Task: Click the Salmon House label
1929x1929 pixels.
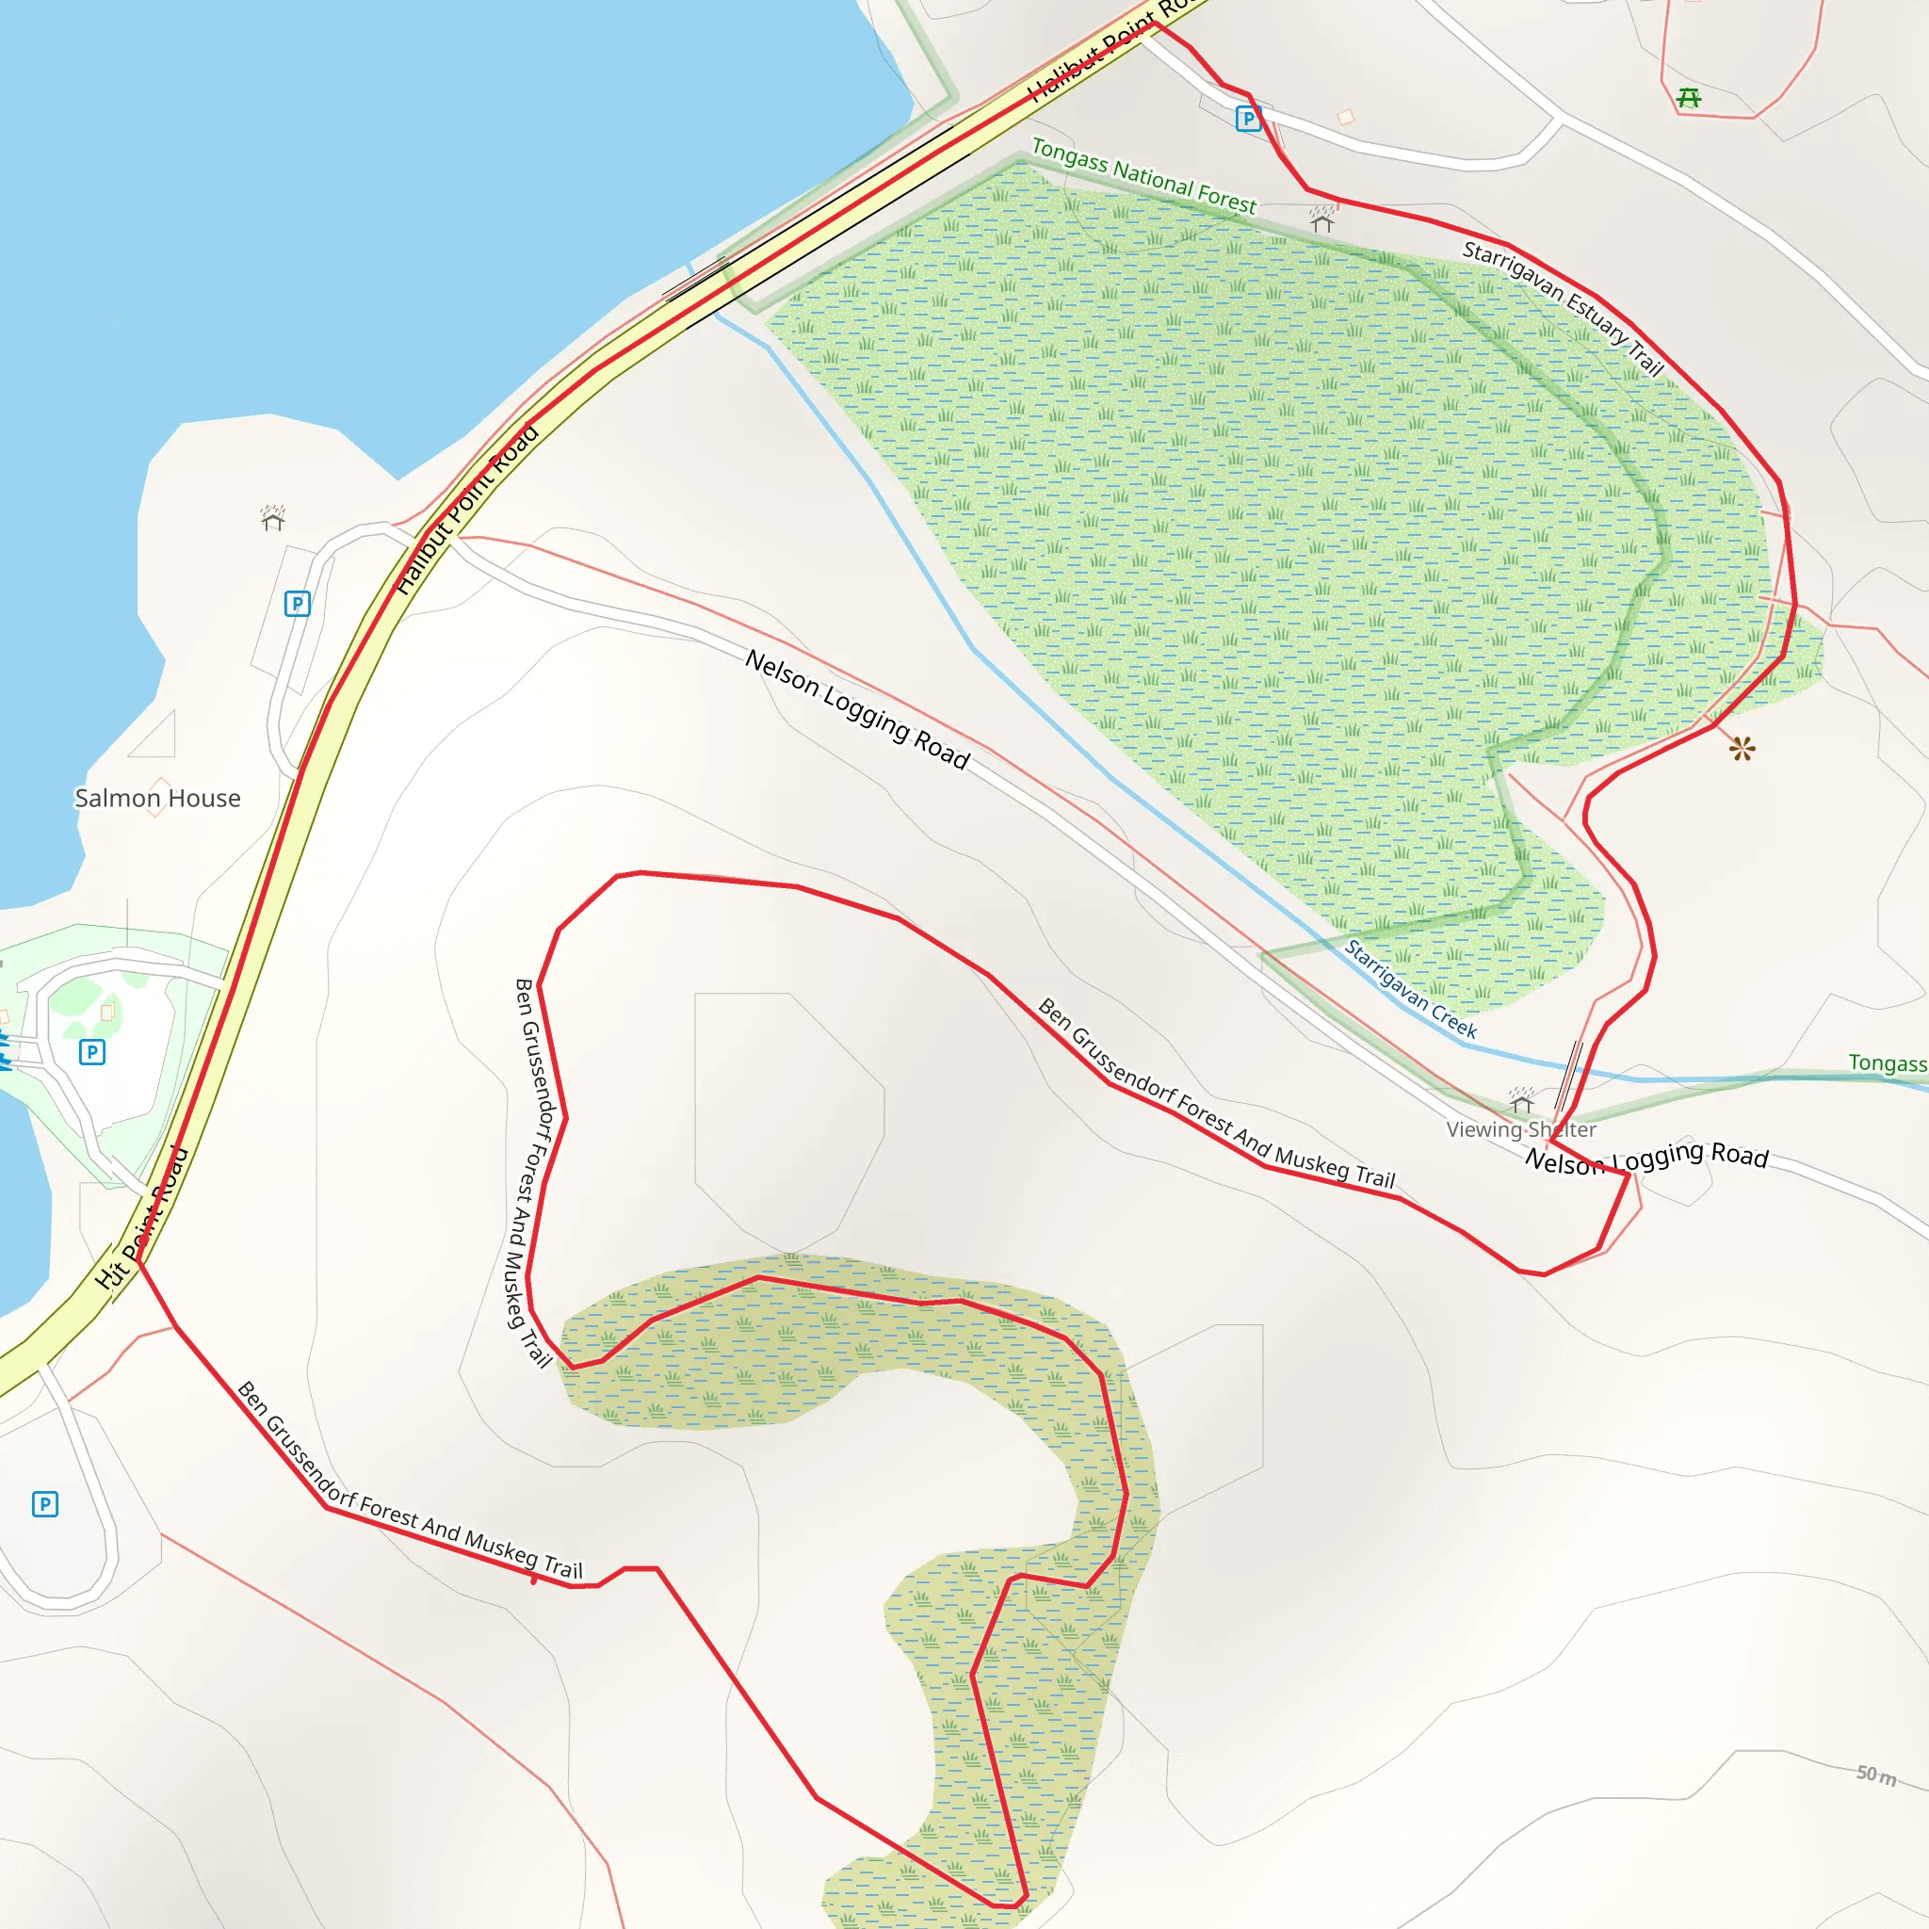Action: tap(157, 798)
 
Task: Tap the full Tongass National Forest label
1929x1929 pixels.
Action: tap(1143, 177)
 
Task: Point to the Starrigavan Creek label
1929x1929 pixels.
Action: tap(1410, 988)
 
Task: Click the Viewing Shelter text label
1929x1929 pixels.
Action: tap(1520, 1129)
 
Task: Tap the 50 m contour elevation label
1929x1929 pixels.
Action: tap(1875, 1775)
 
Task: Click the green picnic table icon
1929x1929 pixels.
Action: tap(1689, 98)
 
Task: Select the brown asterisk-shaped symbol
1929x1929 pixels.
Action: tap(1743, 748)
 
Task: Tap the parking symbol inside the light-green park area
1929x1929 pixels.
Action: tap(92, 1051)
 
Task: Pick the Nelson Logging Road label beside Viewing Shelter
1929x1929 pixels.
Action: tap(1646, 1158)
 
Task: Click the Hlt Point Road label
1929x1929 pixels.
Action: tap(142, 1217)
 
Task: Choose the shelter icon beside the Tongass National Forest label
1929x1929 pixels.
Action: tap(1323, 219)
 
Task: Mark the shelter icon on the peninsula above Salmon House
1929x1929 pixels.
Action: tap(272, 518)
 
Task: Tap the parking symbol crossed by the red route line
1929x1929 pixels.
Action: tap(1248, 119)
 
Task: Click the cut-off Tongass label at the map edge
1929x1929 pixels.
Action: tap(1886, 1062)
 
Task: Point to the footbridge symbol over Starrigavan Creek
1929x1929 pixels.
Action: tap(1569, 1076)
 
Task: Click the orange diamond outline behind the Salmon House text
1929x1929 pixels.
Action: tap(157, 797)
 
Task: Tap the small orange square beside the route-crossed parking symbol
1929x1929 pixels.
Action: tap(1346, 117)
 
